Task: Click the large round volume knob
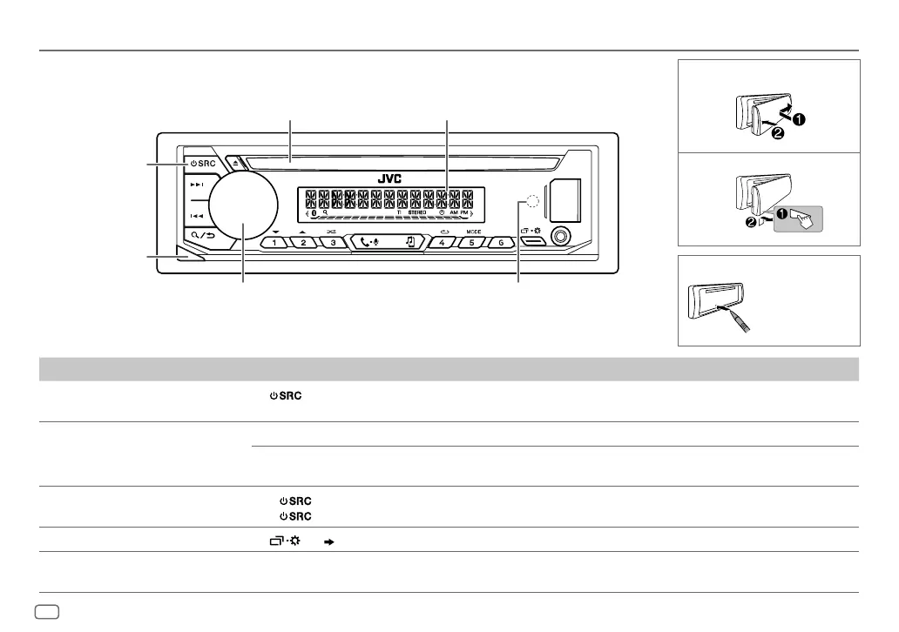tap(243, 205)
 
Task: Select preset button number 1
tap(274, 242)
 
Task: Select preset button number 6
tap(501, 242)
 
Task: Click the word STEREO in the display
tap(419, 212)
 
